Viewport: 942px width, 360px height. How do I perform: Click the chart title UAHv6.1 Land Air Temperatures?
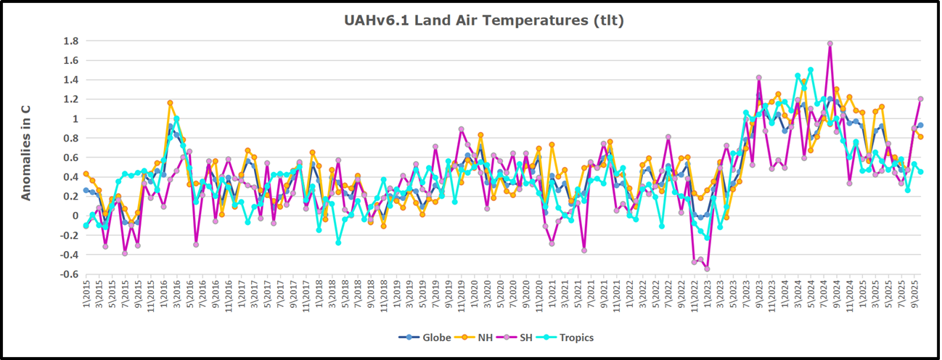pos(484,20)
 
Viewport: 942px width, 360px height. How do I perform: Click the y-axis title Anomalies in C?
pos(25,152)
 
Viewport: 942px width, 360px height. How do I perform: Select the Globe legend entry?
pos(418,337)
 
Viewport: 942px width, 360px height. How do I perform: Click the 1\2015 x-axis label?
pos(86,299)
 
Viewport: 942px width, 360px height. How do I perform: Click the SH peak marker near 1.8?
pos(830,44)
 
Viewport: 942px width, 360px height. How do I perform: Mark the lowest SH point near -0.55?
pos(707,269)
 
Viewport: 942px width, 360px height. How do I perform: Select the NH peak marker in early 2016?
pos(170,103)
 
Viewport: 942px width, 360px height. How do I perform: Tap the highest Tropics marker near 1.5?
pos(810,70)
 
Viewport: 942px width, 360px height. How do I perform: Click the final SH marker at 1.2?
pos(920,99)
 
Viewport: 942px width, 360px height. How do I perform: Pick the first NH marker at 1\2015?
pos(86,173)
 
